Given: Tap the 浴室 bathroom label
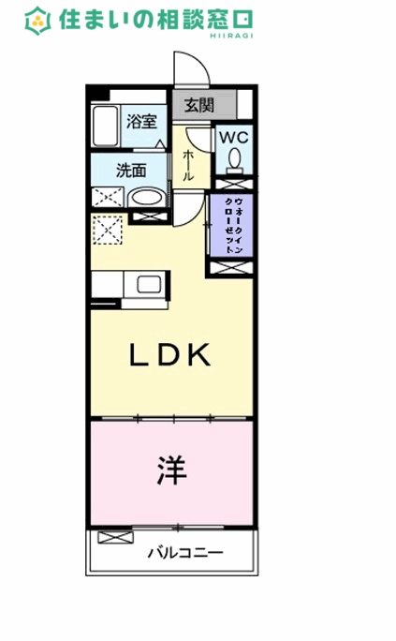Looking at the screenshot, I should pos(140,120).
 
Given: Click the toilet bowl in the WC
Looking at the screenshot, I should pos(233,158).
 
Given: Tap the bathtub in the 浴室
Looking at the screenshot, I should pos(105,126).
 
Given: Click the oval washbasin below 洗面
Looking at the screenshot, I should pos(143,199).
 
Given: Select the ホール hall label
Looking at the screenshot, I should pos(188,164).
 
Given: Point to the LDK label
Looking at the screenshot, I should pos(169,355).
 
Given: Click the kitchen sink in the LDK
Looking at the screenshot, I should pos(148,284).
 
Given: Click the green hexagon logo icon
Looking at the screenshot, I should pos(38,21).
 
